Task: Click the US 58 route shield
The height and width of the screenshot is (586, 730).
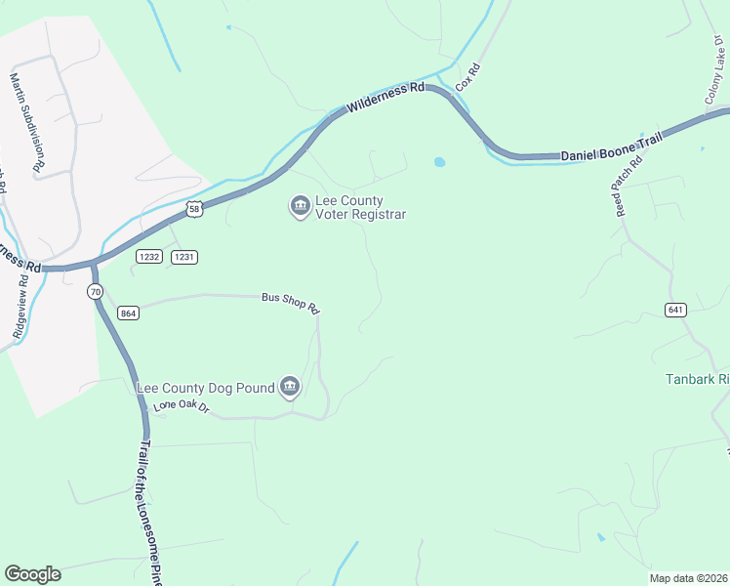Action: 195,209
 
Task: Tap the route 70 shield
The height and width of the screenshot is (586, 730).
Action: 95,292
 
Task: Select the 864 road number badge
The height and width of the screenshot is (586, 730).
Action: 127,313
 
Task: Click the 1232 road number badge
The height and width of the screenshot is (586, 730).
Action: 149,256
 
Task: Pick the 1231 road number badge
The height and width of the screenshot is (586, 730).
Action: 184,256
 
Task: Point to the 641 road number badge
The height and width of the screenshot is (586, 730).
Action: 677,310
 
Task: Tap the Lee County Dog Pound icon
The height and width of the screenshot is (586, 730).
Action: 289,388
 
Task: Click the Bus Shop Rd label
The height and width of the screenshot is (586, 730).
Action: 290,303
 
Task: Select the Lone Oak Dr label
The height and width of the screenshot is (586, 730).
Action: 182,406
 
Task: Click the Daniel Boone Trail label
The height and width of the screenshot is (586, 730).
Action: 611,149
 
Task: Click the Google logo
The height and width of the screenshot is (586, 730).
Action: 32,573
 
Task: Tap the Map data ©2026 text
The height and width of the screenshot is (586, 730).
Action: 687,577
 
